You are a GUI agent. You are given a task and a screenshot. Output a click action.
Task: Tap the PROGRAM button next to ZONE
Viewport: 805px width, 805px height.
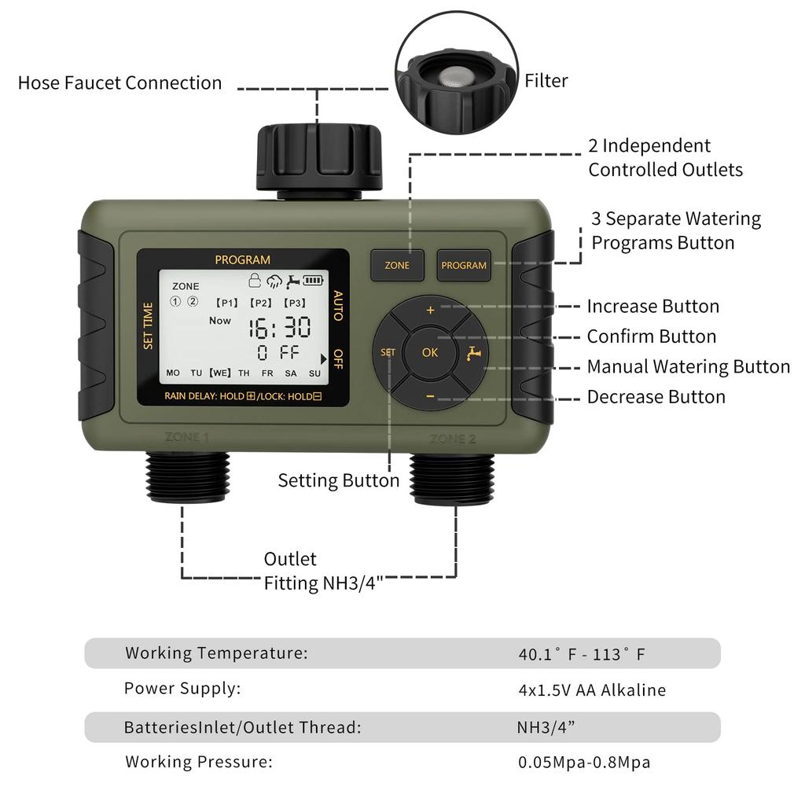coord(464,266)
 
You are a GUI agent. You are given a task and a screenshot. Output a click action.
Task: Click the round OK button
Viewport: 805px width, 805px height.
coord(430,352)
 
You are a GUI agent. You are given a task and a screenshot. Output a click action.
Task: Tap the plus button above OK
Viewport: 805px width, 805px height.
coord(430,311)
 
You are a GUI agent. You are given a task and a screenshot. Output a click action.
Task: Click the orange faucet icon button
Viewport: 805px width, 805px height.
coord(472,353)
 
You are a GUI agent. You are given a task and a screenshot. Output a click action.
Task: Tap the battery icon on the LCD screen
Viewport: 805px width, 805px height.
coord(314,279)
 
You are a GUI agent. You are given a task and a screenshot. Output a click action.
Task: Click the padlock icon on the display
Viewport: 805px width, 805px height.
coord(255,279)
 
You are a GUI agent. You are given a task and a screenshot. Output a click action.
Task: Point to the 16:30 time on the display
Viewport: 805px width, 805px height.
coord(280,328)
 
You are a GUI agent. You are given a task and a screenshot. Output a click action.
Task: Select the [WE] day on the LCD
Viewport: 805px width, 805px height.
coord(220,373)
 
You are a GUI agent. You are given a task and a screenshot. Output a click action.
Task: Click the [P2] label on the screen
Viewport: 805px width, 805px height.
coord(260,303)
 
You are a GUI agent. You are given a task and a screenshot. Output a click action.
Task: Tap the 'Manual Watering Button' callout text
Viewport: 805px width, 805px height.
coord(688,367)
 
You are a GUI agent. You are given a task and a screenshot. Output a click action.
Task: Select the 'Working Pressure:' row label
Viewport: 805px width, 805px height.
coord(199,761)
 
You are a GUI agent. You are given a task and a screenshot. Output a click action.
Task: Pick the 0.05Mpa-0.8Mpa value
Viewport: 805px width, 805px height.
coord(584,762)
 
